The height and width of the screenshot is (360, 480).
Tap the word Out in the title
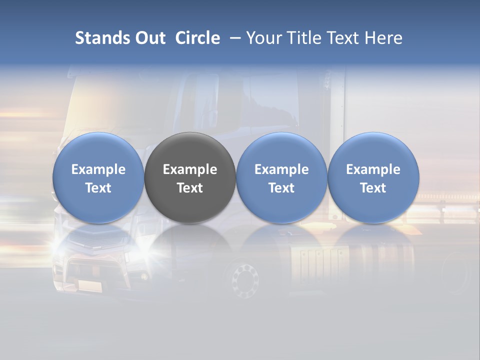point(149,38)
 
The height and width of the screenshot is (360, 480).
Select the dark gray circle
point(190,177)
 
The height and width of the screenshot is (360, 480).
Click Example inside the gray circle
point(190,169)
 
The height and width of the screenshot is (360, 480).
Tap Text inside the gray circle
point(190,188)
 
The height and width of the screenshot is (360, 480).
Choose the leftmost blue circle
point(98,177)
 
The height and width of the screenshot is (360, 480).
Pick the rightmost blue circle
point(373,177)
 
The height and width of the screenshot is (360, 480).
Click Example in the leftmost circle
point(98,169)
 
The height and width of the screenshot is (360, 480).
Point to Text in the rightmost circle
point(373,188)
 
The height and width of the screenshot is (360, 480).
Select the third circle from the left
point(281,177)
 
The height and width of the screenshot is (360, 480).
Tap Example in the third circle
point(281,169)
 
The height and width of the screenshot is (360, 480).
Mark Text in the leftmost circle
point(98,188)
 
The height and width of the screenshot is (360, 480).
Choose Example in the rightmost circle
point(373,169)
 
